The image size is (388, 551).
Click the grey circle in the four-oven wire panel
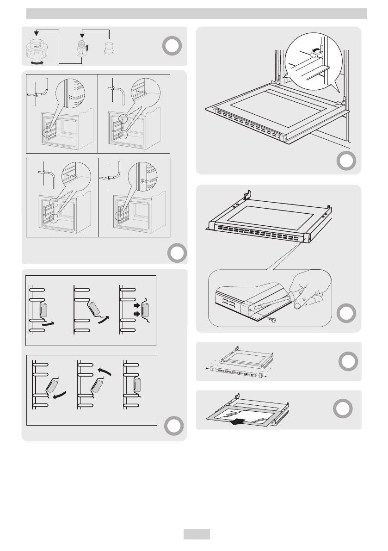pyautogui.click(x=177, y=253)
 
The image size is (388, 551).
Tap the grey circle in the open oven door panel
pyautogui.click(x=346, y=161)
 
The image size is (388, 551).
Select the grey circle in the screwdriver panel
pyautogui.click(x=346, y=313)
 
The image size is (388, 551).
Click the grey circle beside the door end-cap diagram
pyautogui.click(x=346, y=361)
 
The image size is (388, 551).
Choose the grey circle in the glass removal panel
pyautogui.click(x=342, y=409)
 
